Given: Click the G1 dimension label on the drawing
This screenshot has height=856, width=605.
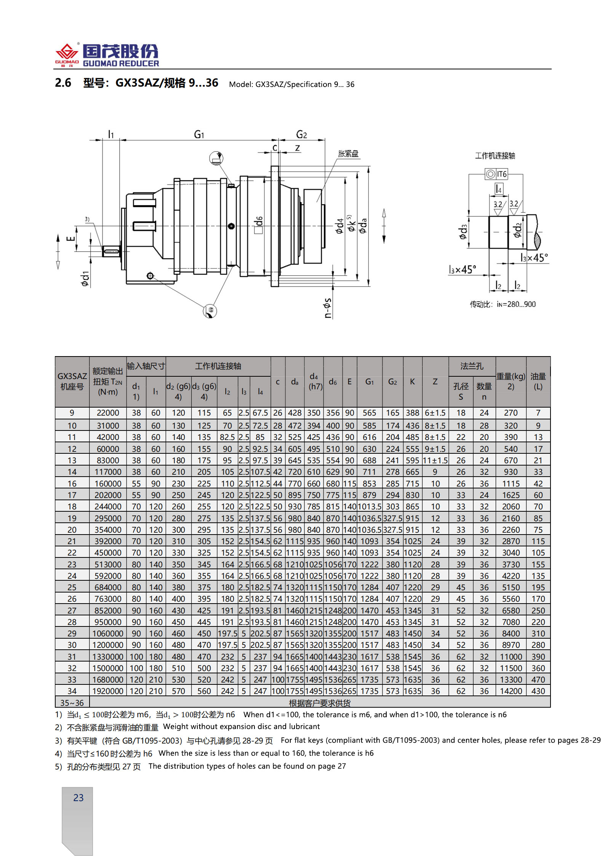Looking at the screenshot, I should click(x=199, y=135).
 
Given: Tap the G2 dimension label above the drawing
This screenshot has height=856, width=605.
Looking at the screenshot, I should click(x=301, y=135).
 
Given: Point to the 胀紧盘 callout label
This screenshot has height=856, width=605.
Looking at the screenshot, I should click(x=348, y=154).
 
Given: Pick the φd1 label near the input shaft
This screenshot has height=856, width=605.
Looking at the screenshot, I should click(x=85, y=279).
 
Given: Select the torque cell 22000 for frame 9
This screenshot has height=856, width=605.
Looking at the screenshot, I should click(x=108, y=413).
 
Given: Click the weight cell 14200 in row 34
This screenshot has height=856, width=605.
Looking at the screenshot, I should click(x=511, y=691).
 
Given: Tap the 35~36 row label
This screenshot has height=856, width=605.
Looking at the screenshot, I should click(x=72, y=702).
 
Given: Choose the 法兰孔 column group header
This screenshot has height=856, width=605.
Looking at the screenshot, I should click(x=472, y=366).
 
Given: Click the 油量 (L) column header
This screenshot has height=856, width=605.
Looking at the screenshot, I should click(x=538, y=381).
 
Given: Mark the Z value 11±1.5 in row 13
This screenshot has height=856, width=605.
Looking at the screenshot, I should click(x=435, y=461).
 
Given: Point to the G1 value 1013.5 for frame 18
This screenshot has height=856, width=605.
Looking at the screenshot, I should click(x=369, y=507).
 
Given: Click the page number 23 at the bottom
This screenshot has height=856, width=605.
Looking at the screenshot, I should click(x=78, y=798).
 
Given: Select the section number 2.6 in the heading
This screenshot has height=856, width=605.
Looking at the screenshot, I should click(x=63, y=83).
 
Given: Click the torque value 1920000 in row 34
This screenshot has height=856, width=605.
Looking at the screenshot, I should click(x=108, y=691).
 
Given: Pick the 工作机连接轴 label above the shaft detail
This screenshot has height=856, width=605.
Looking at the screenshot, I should click(x=495, y=156).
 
